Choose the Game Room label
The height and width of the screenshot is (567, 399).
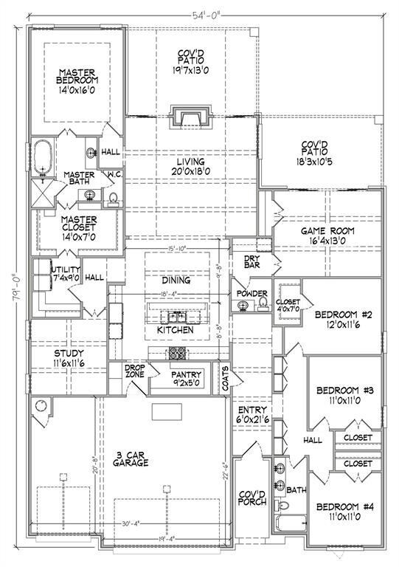pos(327,236)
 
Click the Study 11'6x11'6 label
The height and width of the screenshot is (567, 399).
pos(69,359)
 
